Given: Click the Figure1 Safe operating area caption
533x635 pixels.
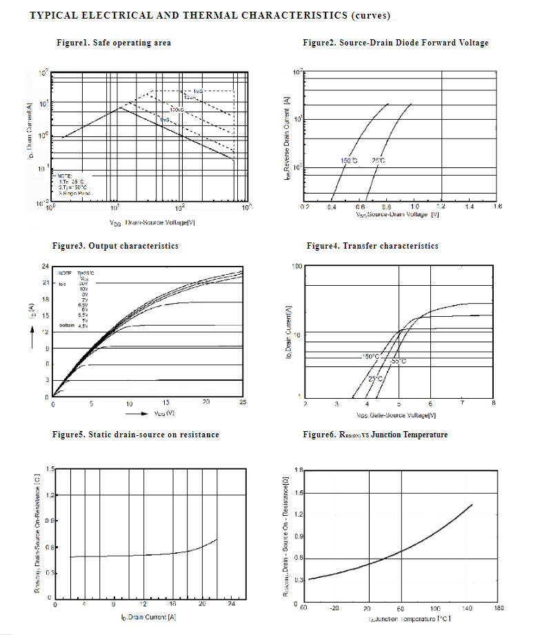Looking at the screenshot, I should [x=114, y=43].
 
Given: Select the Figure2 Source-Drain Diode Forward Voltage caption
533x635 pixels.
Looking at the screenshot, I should [x=395, y=43].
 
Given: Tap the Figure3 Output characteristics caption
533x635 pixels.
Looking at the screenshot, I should [x=115, y=246].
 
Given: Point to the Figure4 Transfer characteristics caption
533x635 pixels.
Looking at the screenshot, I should [x=372, y=246].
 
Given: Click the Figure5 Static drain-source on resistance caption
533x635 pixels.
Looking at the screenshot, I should [x=136, y=435].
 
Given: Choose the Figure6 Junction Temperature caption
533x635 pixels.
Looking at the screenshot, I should [x=375, y=435].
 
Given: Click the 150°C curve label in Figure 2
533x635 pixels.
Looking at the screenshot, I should [x=349, y=161].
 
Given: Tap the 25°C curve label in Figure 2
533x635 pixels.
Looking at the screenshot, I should [x=379, y=161].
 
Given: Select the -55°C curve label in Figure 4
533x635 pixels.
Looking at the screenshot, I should [x=398, y=361].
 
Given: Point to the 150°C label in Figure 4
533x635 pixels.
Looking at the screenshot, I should [x=370, y=357].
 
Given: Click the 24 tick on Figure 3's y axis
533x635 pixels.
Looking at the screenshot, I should [x=45, y=267].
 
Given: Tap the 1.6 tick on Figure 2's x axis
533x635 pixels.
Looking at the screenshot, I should [x=498, y=207].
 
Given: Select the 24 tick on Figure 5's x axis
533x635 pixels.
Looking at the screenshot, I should [x=232, y=604].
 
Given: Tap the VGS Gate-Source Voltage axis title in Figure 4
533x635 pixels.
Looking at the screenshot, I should [x=396, y=415].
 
